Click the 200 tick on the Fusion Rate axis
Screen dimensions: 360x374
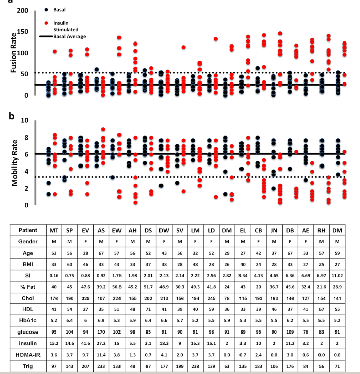22,11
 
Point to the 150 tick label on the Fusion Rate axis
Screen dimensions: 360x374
22,32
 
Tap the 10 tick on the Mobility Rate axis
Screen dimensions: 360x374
25,120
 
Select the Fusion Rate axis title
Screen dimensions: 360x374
14,53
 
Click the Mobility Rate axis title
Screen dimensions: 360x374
15,163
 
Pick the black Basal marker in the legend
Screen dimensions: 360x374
46,10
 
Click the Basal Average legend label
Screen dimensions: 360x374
69,37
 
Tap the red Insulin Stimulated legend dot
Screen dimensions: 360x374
46,23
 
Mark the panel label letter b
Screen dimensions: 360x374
12,116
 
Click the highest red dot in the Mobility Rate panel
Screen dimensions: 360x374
103,129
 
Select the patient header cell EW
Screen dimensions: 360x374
116,231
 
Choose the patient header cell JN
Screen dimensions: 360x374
274,231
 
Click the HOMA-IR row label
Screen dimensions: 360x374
28,355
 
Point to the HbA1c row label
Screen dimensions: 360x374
28,320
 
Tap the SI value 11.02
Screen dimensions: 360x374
337,276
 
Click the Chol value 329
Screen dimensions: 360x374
85,298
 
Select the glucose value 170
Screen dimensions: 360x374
101,332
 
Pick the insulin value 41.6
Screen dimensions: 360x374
85,343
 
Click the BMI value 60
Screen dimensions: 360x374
69,264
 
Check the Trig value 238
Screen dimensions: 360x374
195,366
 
